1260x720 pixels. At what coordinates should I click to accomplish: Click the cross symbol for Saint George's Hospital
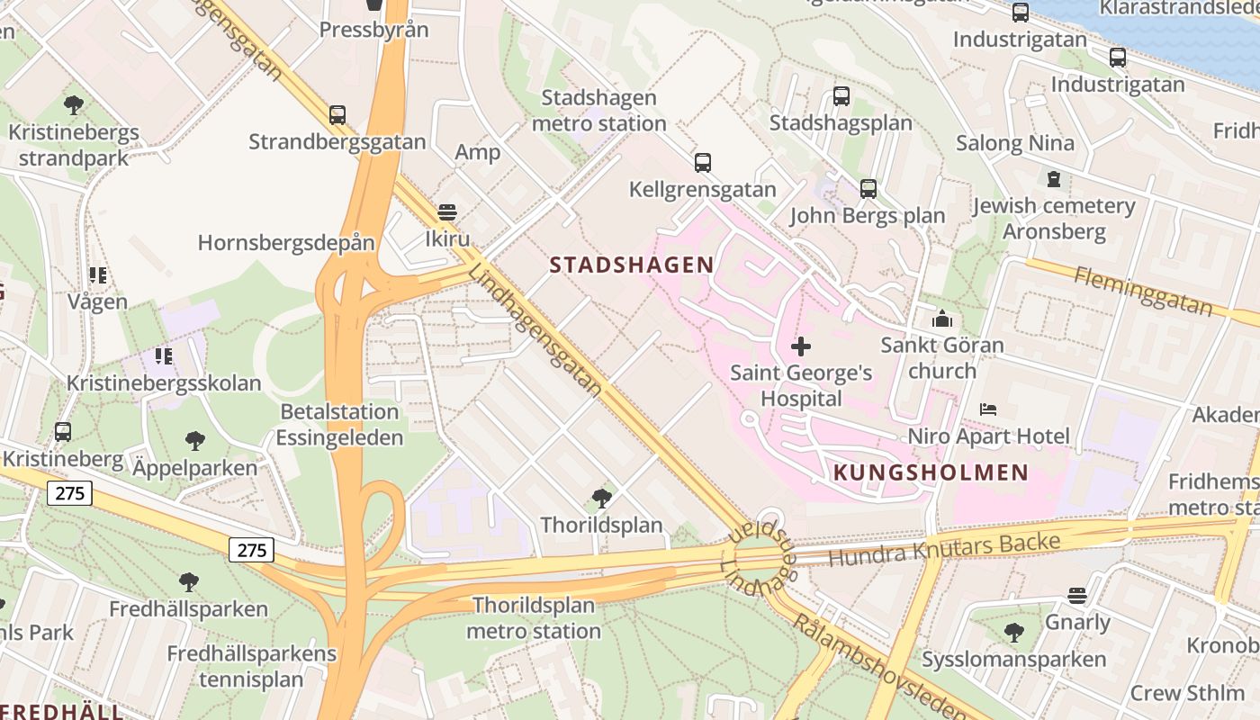tap(800, 346)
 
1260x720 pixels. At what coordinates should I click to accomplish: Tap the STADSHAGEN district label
tap(632, 265)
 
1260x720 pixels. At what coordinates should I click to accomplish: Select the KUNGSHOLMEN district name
tap(931, 472)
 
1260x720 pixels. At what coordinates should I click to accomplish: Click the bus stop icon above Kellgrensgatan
tap(702, 163)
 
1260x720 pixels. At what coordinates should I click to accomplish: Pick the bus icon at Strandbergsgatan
tap(337, 115)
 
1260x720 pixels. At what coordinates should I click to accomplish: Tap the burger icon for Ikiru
tap(446, 213)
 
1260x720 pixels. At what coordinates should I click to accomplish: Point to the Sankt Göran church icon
tap(942, 319)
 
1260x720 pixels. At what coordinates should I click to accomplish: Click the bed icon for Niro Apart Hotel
tap(988, 409)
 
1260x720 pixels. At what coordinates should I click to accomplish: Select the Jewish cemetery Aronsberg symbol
tap(1054, 179)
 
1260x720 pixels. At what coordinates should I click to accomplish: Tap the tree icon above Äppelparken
tap(194, 441)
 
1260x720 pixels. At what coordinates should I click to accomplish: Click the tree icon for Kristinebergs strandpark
tap(74, 105)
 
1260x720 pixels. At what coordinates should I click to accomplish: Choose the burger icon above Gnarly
tap(1076, 596)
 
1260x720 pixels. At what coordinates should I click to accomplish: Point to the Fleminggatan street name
tap(1143, 290)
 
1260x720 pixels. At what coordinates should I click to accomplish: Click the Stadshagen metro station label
tap(599, 110)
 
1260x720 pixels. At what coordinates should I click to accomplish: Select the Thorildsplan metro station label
tap(534, 617)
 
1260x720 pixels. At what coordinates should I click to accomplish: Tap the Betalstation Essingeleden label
tap(339, 425)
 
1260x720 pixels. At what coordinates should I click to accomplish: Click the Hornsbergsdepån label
tap(286, 242)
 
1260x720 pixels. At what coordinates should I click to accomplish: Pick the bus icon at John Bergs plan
tap(868, 189)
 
